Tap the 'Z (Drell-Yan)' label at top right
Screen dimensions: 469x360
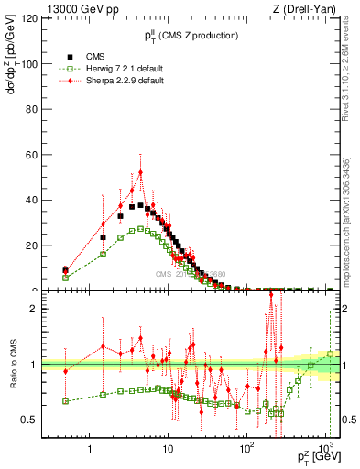click(x=307, y=9)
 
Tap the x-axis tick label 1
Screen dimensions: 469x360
click(x=90, y=450)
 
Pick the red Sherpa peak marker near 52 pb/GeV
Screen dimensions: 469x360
click(x=140, y=172)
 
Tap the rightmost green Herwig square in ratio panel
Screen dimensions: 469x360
click(x=331, y=354)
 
